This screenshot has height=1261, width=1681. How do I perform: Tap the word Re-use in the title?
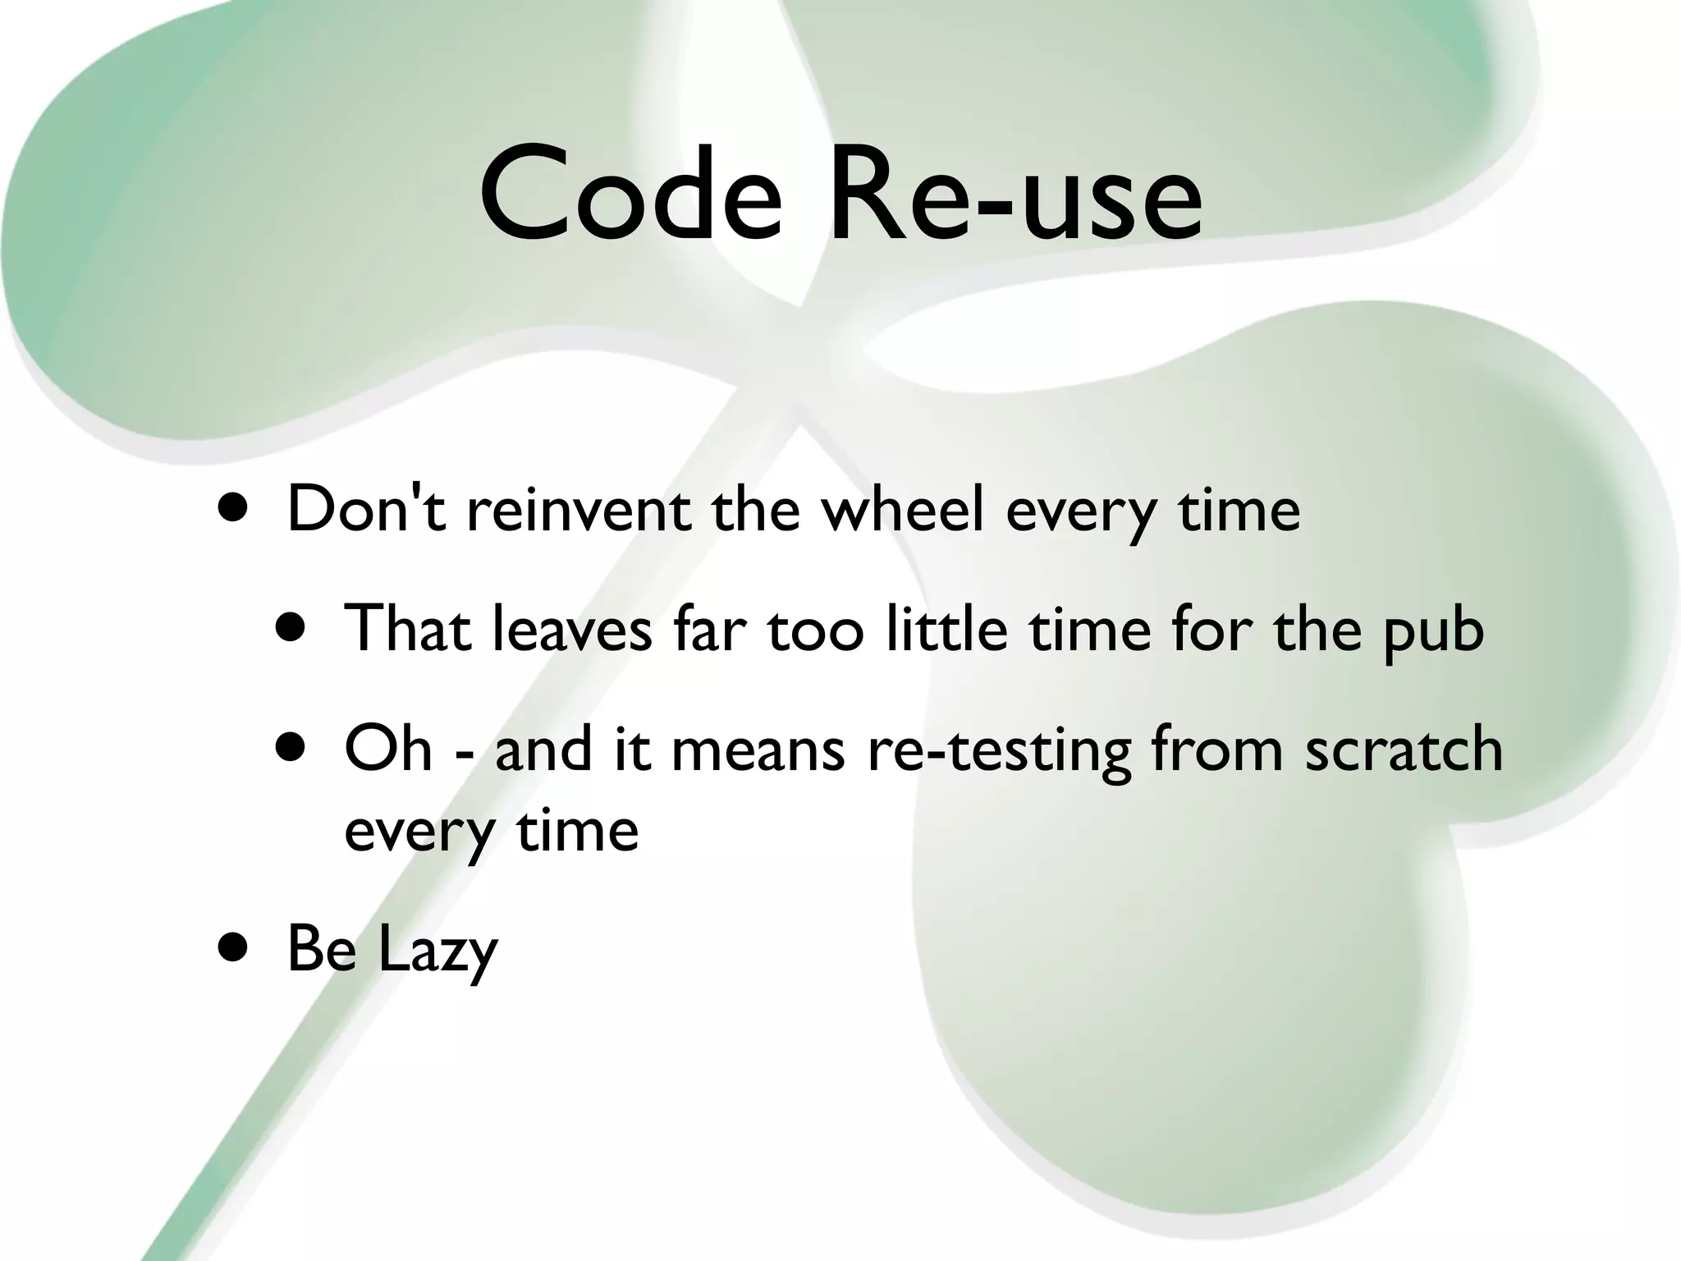click(1016, 195)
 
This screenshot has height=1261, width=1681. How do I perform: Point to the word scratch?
click(1404, 749)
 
